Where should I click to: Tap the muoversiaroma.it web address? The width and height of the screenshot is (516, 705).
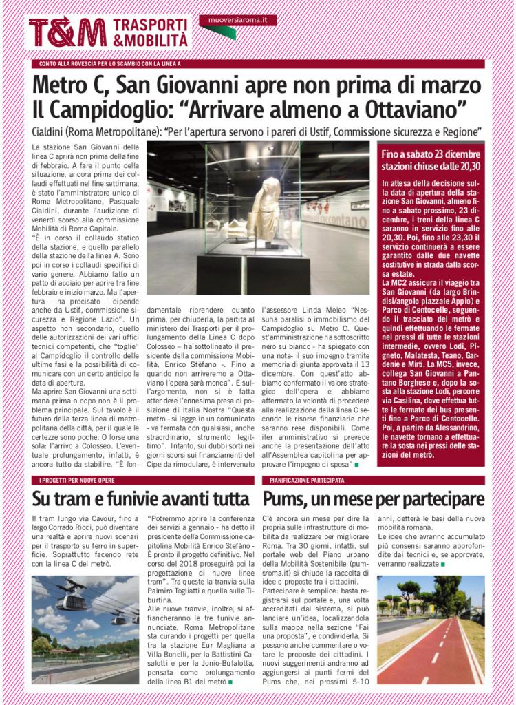[x=237, y=21]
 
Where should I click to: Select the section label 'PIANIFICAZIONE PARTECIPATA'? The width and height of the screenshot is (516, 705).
[x=308, y=480]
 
